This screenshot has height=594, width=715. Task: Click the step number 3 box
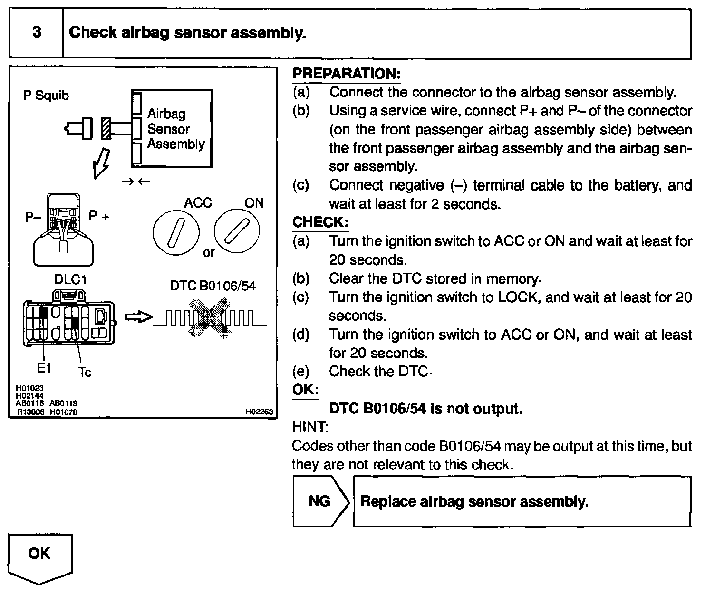coord(36,33)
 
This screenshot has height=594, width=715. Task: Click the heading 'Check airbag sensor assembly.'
coord(187,33)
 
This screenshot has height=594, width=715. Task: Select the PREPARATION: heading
coord(347,74)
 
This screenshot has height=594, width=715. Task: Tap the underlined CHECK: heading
coord(320,222)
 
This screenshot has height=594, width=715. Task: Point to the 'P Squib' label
coord(46,96)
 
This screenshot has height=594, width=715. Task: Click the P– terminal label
coord(33,217)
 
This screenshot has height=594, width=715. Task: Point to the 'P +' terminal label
coord(99,216)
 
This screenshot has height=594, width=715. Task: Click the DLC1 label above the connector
coord(70,279)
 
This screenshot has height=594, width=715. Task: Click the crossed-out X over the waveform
coord(210,318)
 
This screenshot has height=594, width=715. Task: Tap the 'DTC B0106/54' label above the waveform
coord(213,286)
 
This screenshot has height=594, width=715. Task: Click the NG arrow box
coord(321,501)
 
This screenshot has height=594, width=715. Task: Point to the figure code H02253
coord(260,412)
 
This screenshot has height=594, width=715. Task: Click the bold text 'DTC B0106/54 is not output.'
coord(425,409)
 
